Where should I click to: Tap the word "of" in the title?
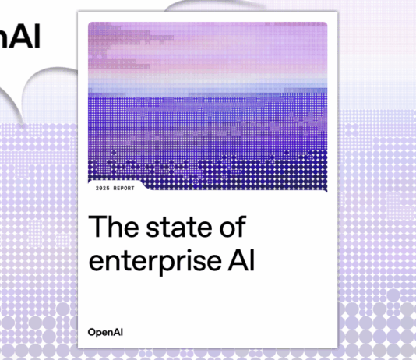coord(231,227)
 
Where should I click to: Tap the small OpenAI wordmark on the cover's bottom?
coord(106,332)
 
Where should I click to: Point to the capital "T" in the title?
coord(97,227)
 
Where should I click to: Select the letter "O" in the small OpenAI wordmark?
coord(92,332)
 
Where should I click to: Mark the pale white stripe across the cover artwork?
coord(207,86)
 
